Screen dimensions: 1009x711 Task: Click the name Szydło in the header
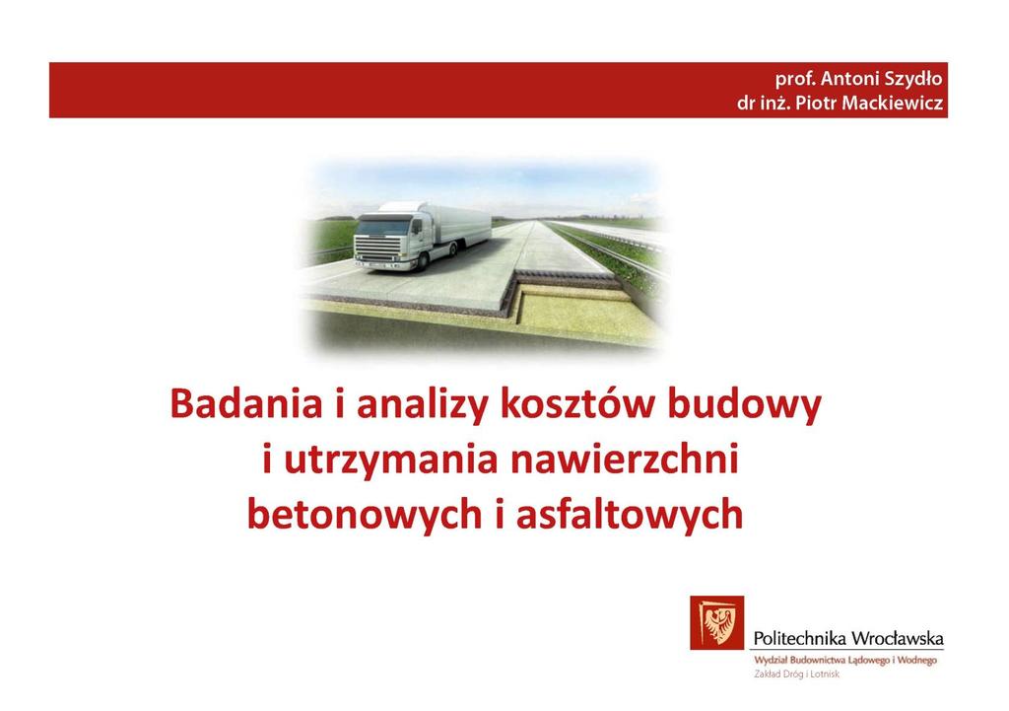pos(911,80)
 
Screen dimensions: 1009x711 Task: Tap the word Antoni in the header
pos(847,79)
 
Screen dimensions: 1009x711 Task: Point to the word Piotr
pos(817,103)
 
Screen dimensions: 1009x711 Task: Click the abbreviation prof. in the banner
pos(795,80)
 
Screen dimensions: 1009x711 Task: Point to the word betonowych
pos(365,515)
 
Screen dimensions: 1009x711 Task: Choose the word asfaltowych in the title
pos(630,515)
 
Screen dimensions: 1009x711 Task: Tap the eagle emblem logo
pos(717,623)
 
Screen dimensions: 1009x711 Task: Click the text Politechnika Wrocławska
pos(848,638)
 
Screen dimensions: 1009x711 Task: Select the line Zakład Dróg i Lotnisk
pos(796,675)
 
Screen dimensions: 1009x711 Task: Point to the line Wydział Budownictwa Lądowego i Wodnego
pos(845,660)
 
